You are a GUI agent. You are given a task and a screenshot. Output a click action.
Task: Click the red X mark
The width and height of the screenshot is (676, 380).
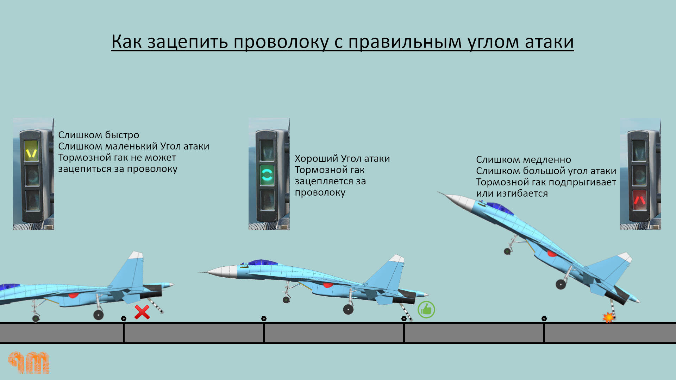142,312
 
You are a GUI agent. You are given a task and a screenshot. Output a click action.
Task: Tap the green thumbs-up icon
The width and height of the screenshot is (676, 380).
426,310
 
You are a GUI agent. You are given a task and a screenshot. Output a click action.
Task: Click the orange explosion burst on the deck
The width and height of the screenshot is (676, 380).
608,317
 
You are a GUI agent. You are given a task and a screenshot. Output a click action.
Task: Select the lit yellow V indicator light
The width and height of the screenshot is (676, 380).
31,151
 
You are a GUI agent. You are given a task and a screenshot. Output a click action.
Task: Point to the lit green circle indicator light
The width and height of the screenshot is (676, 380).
267,175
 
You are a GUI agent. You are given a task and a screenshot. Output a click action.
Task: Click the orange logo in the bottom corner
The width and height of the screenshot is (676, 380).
29,362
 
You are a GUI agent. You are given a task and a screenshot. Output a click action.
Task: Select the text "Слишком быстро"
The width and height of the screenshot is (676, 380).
99,135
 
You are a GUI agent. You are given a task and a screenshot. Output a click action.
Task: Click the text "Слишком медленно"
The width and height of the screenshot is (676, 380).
523,160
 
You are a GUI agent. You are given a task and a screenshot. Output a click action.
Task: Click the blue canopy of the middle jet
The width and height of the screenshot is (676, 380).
262,262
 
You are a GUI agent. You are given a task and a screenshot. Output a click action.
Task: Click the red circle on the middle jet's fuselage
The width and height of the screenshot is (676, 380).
328,285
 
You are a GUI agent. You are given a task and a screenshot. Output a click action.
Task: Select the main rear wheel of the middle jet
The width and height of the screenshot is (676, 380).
348,309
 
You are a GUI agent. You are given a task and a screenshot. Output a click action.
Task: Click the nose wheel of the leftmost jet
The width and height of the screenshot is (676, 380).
36,318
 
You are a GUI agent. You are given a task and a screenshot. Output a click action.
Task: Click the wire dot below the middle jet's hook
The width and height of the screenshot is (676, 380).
404,318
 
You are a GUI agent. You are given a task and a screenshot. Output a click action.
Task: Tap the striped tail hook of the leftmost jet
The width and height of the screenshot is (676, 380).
155,305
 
